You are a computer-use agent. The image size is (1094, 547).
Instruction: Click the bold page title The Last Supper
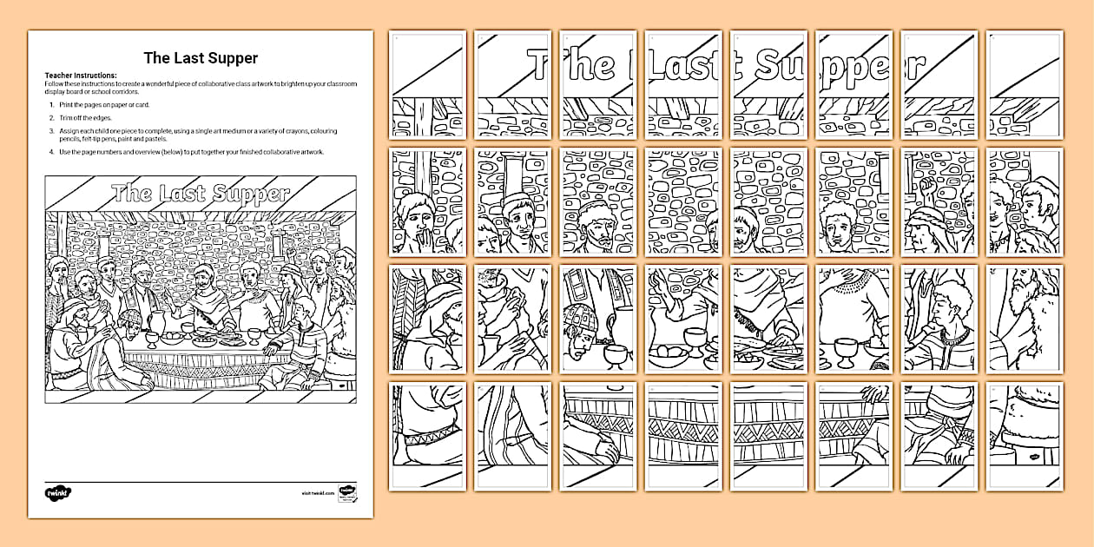(x=201, y=58)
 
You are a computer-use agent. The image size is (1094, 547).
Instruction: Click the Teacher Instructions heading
(x=80, y=76)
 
